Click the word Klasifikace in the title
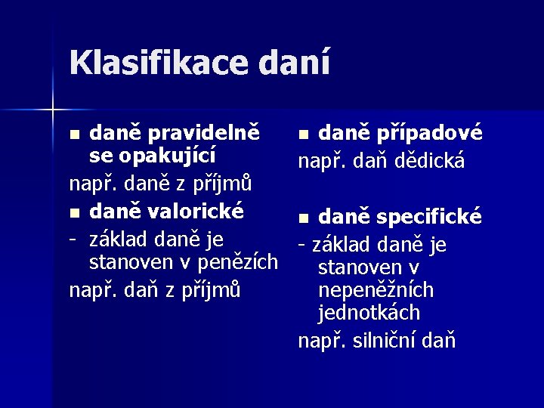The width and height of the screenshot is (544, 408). point(165,63)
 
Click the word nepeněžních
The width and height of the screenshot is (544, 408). point(376,290)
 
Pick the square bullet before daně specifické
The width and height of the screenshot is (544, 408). point(304,219)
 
